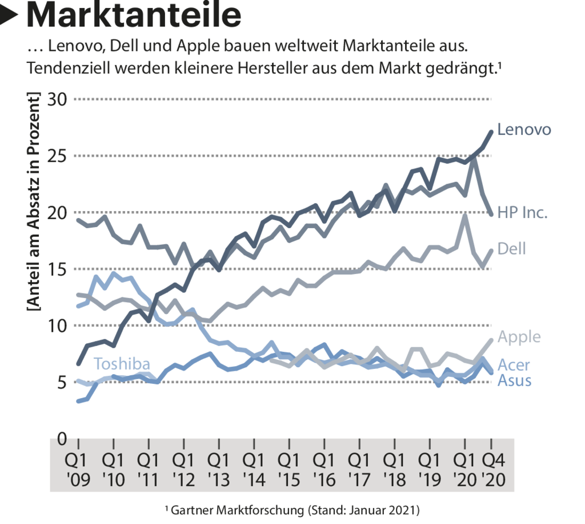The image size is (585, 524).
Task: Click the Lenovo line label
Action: (524, 129)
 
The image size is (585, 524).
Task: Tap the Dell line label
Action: (511, 248)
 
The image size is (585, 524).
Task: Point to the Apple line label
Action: (519, 336)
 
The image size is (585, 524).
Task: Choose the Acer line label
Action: (514, 364)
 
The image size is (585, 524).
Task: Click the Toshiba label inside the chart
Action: (122, 364)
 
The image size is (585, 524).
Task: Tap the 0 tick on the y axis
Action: (61, 439)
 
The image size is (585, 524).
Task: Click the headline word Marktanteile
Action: (134, 15)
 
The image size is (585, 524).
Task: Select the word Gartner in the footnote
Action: (191, 509)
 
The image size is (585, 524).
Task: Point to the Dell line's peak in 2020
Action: (465, 215)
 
